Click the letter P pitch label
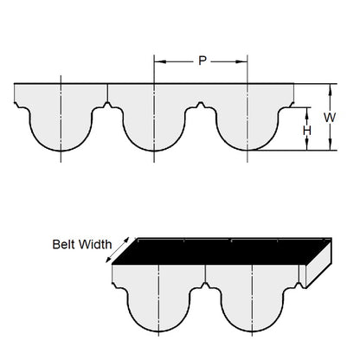point(202,61)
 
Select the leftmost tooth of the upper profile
point(61,130)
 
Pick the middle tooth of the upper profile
point(154,130)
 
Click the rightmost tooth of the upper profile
point(247,130)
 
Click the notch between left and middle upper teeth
point(107,106)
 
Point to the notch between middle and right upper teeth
point(201,106)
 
